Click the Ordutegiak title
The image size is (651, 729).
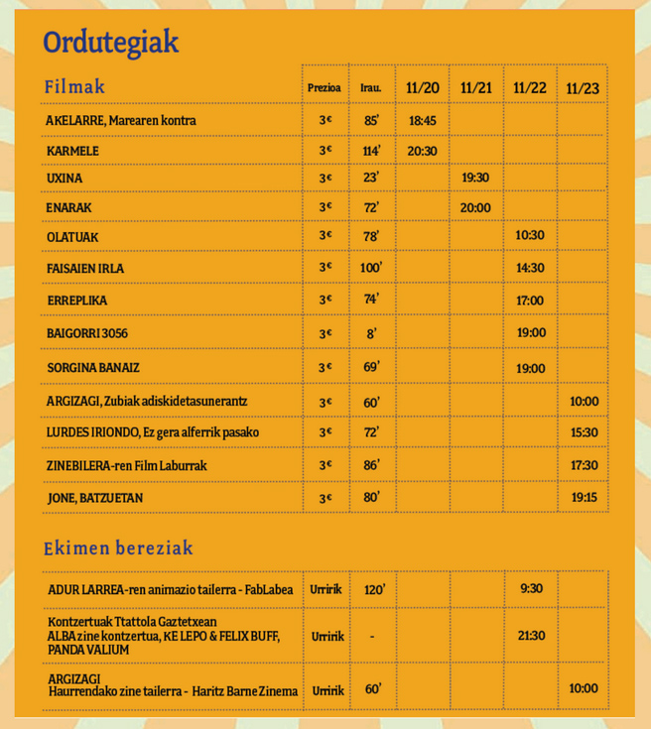pos(110,43)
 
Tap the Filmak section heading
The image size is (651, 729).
pos(74,86)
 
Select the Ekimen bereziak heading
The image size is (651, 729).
pos(118,547)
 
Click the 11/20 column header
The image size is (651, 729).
pos(423,88)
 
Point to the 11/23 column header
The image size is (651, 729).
pos(583,88)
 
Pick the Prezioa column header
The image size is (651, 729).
pos(325,88)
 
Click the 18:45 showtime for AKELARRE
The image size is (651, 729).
pos(423,121)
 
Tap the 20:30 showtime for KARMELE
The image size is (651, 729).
pos(423,151)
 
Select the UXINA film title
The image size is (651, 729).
pos(65,179)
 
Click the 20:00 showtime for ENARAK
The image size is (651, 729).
pos(475,207)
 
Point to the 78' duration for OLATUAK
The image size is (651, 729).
pos(372,236)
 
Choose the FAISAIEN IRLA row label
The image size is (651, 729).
pos(85,268)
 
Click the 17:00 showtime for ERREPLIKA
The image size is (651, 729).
pos(530,301)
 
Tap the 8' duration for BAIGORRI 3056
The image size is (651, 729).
pos(372,334)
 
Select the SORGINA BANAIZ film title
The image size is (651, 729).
pos(93,368)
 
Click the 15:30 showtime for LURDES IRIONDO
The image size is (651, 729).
pos(584,433)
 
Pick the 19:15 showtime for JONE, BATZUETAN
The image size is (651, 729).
pos(584,497)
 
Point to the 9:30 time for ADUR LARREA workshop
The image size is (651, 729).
pos(531,589)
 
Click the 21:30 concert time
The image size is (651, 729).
pos(531,636)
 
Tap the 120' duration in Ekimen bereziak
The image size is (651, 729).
pos(374,590)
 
